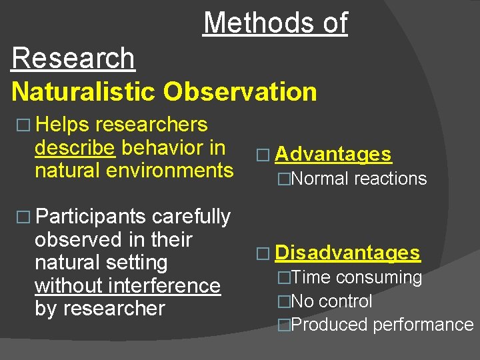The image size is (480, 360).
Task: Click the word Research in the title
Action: point(73,58)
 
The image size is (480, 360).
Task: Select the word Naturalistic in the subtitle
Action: point(82,91)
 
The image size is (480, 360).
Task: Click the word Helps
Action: point(63,125)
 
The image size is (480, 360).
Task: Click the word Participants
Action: point(90,217)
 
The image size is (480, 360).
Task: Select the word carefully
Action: point(191,217)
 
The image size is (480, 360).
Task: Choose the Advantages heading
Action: point(333,154)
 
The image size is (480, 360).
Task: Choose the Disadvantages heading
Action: point(347,253)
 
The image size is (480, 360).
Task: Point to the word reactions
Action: point(391,179)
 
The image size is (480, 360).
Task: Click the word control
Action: point(345,301)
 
